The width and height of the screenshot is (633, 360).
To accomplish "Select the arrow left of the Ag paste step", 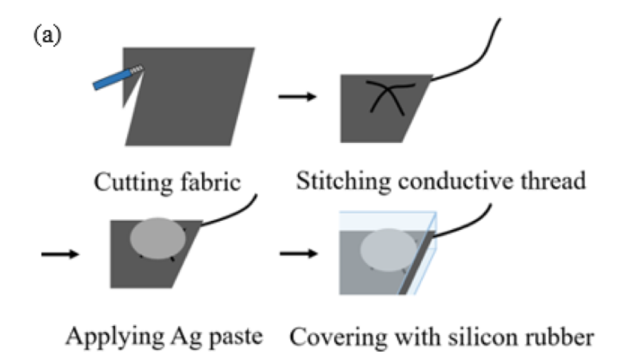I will coord(59,253).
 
